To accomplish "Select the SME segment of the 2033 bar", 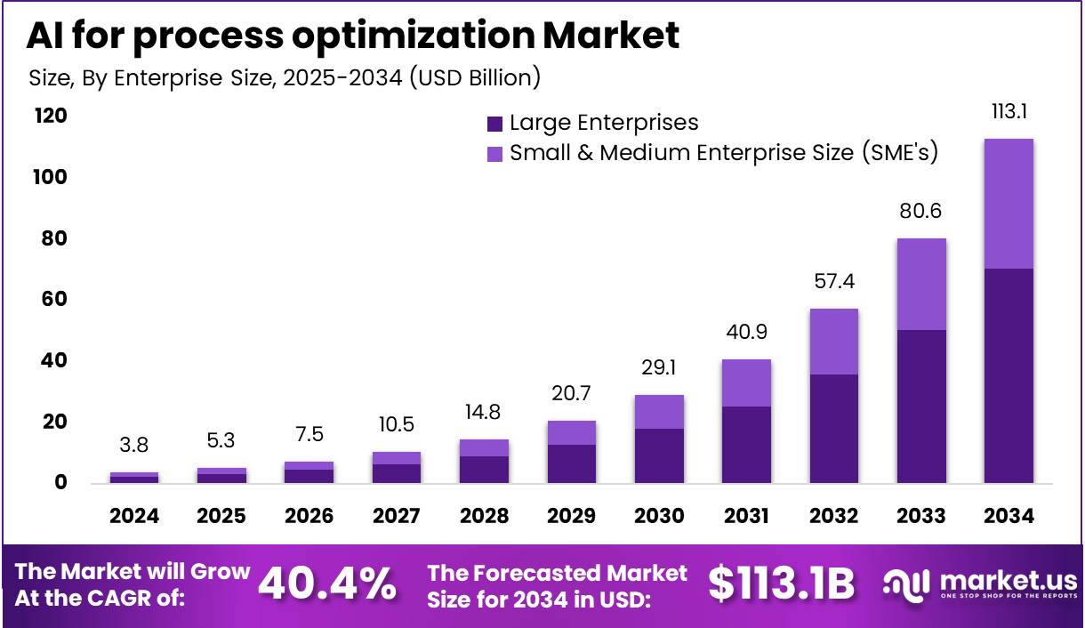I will pos(921,284).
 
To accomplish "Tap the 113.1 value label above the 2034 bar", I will pos(1009,112).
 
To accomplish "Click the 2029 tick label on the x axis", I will pos(571,516).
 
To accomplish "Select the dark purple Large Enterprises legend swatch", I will pos(495,124).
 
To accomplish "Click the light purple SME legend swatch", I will pos(495,153).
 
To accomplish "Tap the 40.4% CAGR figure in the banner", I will pos(326,584).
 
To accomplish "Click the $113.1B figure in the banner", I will pos(781,584).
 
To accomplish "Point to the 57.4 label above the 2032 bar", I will pos(833,282).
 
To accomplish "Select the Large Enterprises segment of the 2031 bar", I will pos(746,445).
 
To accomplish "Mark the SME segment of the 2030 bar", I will pos(659,412).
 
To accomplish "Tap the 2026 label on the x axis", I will pos(309,516).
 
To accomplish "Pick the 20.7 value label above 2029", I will pos(571,393).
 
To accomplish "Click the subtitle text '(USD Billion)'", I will pos(474,77).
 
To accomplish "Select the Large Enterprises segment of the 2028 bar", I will pos(484,469).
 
